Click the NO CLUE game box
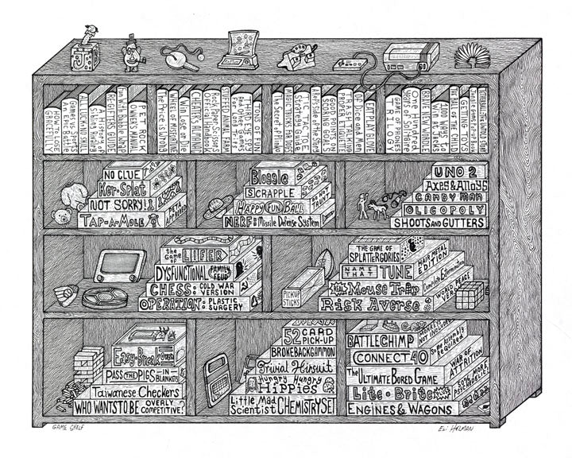[122, 173]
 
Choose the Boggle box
[270, 177]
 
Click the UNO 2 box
[458, 174]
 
